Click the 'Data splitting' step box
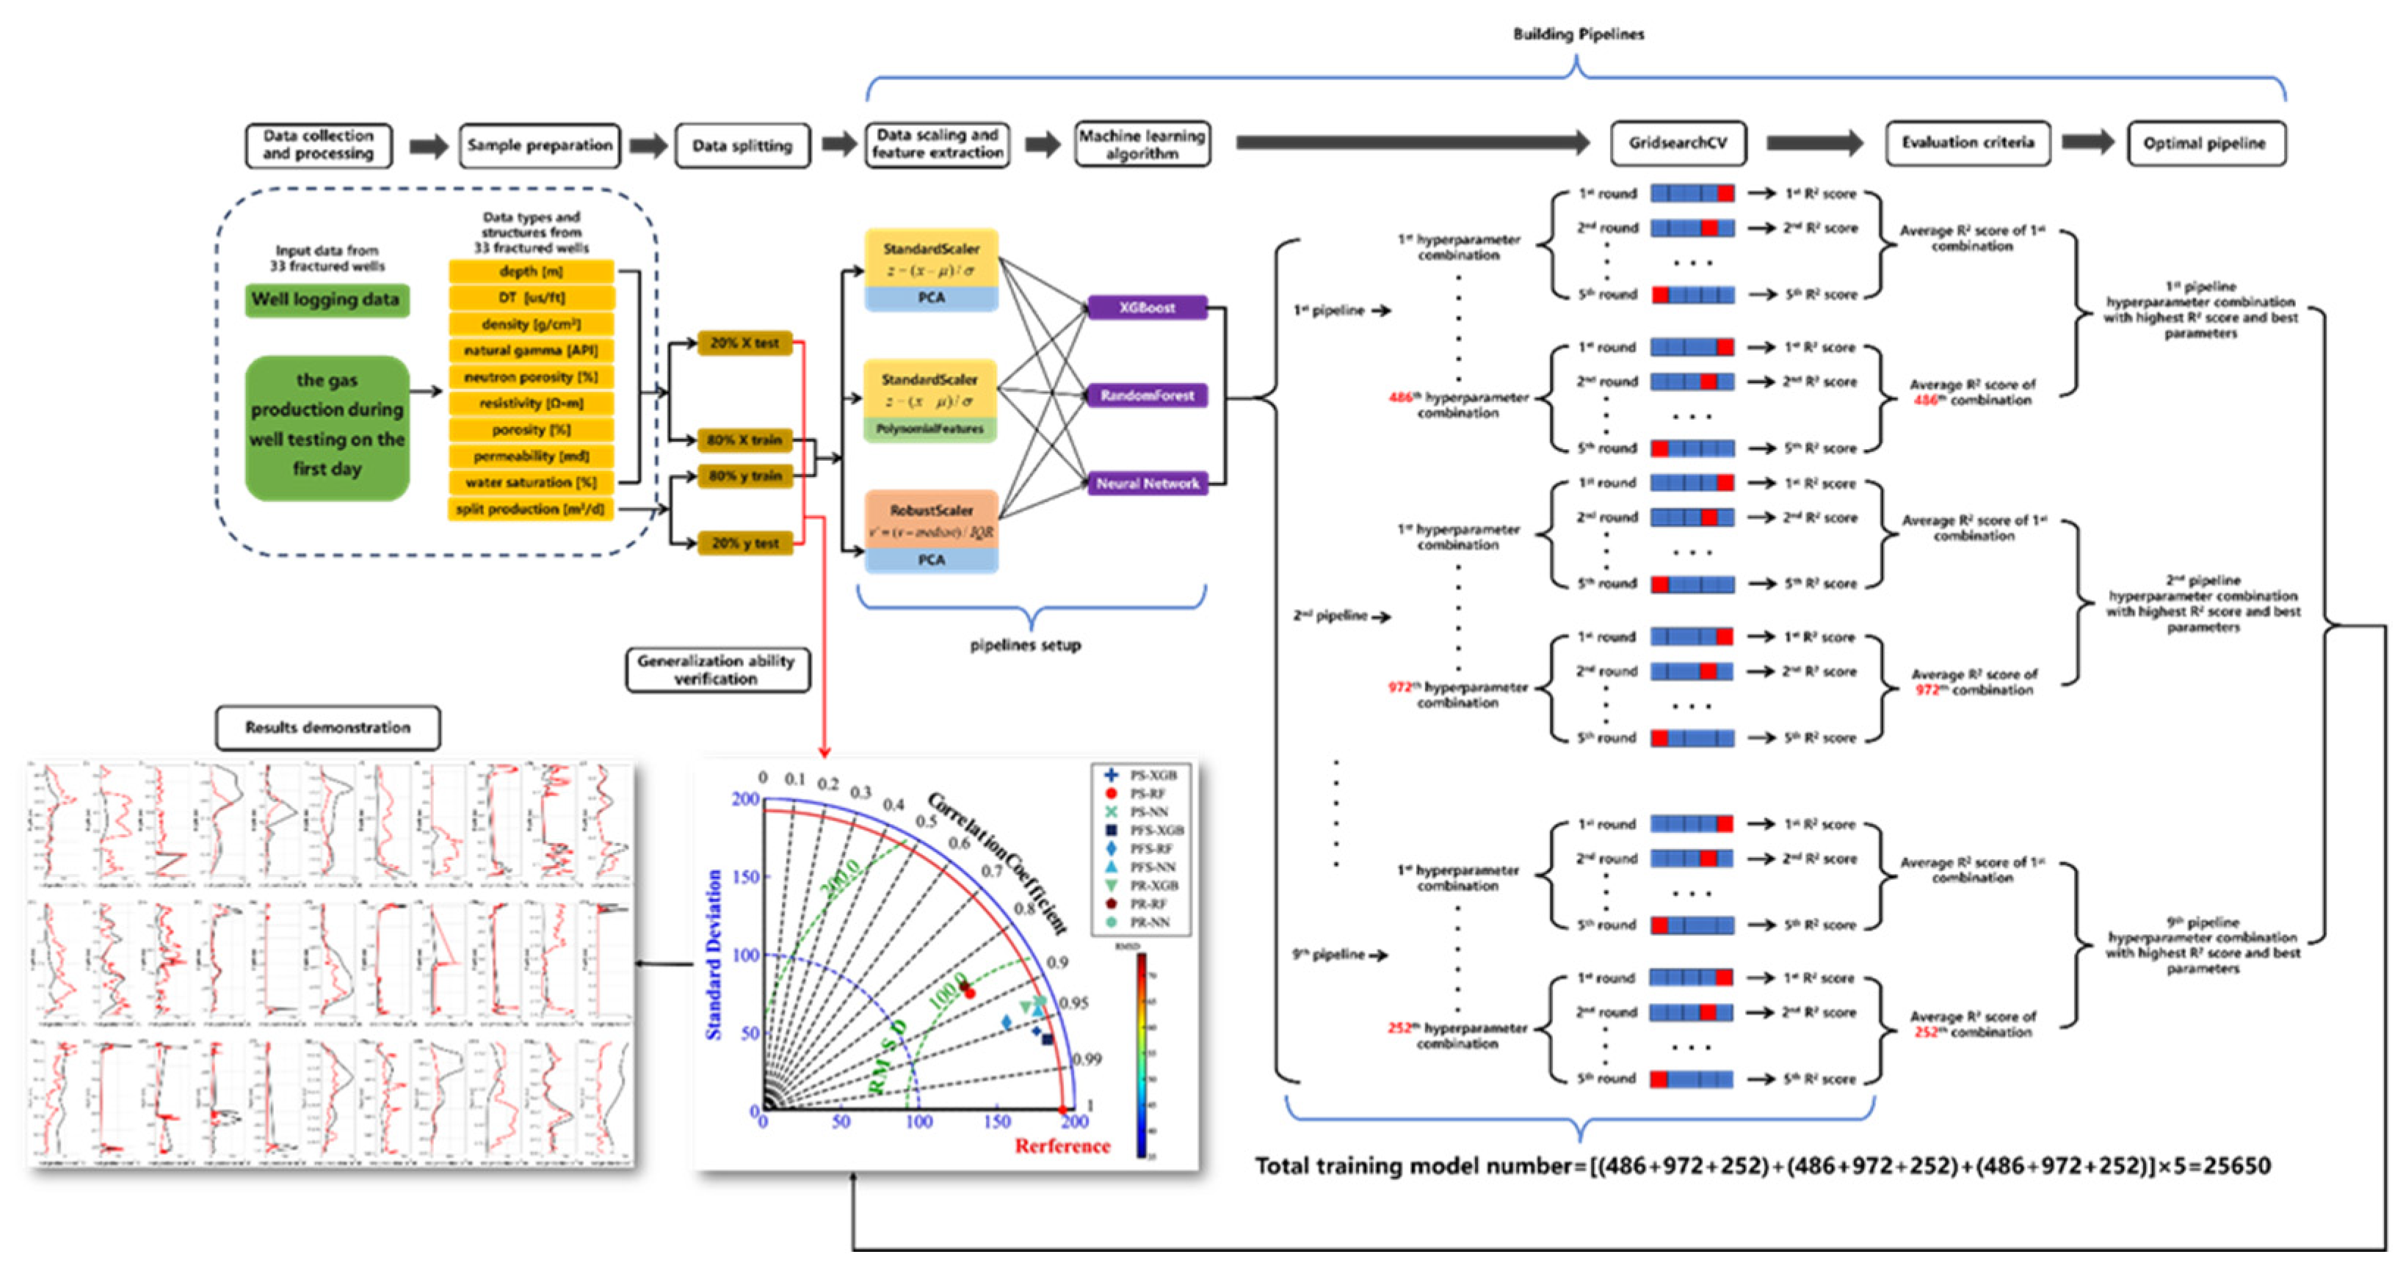click(742, 146)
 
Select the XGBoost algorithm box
click(1147, 307)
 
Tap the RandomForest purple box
click(1147, 395)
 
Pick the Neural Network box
click(1147, 483)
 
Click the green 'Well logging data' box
click(326, 299)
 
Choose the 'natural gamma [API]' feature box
click(531, 350)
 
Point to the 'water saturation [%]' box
click(531, 483)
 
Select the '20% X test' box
click(744, 343)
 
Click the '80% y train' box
click(744, 475)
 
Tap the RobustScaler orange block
click(930, 519)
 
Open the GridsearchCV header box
click(1678, 143)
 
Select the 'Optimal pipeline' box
click(2204, 144)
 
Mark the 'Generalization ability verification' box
click(717, 669)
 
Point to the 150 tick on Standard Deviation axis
click(746, 877)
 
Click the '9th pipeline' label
click(1332, 954)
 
